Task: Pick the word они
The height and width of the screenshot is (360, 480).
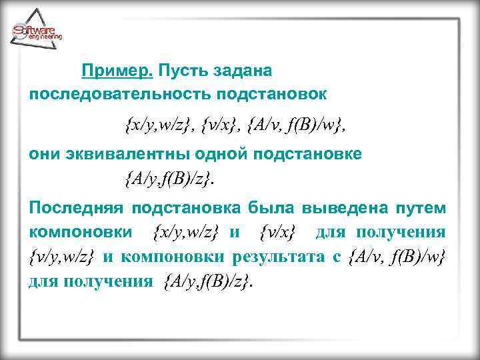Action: pyautogui.click(x=45, y=154)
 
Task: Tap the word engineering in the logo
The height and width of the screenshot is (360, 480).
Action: pyautogui.click(x=45, y=38)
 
